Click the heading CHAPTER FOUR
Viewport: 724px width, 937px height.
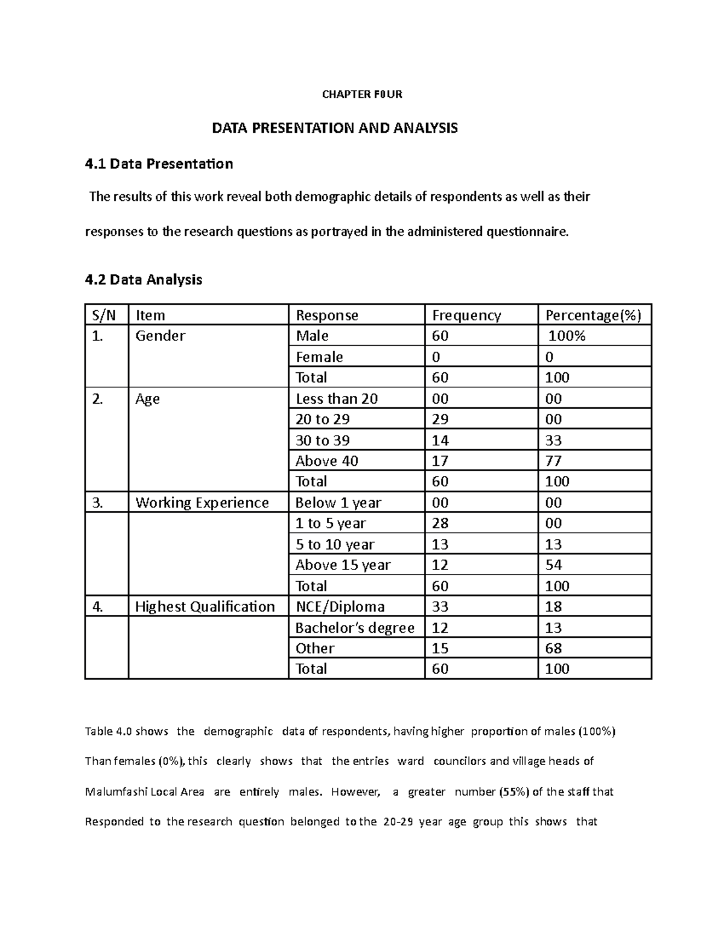(x=362, y=94)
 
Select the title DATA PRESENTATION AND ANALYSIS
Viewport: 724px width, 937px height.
(x=334, y=128)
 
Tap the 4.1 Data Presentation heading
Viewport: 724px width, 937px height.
(x=159, y=164)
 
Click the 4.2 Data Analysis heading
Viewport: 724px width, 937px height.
(x=144, y=279)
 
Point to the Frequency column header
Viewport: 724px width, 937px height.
(x=466, y=315)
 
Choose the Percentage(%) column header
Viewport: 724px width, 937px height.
(x=593, y=315)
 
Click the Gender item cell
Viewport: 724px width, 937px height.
(x=160, y=336)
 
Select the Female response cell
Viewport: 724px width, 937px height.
(x=319, y=357)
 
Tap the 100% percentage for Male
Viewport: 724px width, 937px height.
(x=567, y=336)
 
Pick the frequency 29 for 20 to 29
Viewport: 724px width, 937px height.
(x=440, y=419)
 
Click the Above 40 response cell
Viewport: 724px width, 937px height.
(x=326, y=461)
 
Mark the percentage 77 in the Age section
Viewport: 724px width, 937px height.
(x=553, y=461)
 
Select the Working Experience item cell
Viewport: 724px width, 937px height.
(x=202, y=503)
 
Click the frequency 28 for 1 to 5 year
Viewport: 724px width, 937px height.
(x=440, y=523)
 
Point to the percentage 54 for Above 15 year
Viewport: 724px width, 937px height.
(x=553, y=565)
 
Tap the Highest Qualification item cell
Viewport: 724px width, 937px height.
(x=205, y=606)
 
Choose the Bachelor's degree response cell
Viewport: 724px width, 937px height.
(x=355, y=627)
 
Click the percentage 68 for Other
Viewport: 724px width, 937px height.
(x=553, y=648)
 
